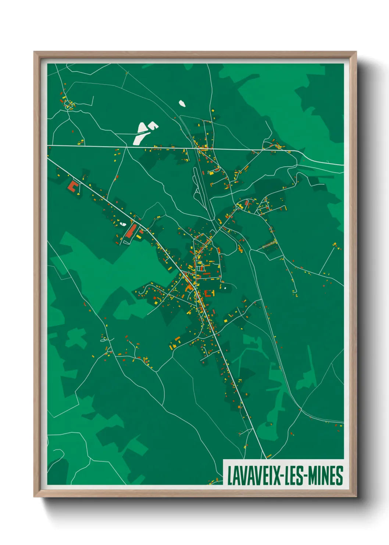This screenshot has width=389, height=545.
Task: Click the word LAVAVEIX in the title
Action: coord(254,475)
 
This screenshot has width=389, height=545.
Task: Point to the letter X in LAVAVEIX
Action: coord(276,475)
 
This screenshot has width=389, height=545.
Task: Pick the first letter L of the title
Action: coord(230,475)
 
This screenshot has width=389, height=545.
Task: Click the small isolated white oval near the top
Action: coord(182,103)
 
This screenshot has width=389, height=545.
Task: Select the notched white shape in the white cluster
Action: coord(153,126)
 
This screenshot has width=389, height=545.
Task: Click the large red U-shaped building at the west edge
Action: coord(73,186)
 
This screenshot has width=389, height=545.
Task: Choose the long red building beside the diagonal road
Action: coord(130,230)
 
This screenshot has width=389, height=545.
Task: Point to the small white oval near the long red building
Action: coord(123,224)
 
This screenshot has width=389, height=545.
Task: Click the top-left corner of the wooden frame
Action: coord(34,52)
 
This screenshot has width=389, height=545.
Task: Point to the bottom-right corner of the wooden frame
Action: coord(356,496)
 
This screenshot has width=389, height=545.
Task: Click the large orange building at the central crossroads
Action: coord(189,286)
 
